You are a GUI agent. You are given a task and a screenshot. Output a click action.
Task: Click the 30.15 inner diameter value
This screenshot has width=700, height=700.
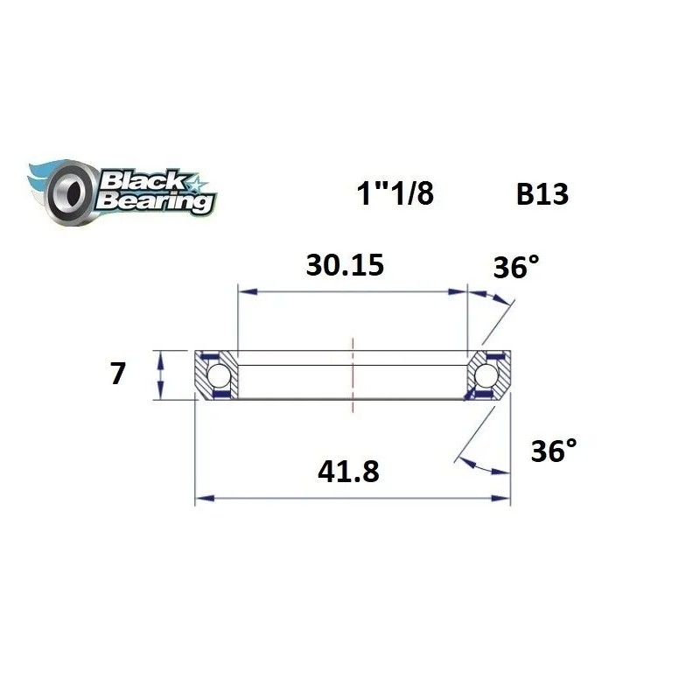[345, 264]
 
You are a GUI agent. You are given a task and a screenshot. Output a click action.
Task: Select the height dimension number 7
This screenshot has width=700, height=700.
[117, 374]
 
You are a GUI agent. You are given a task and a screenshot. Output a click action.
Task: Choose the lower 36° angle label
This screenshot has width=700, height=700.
[554, 452]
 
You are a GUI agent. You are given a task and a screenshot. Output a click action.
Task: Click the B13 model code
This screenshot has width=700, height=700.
[542, 194]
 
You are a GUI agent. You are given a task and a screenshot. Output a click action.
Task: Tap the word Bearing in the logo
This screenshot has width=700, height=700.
[156, 201]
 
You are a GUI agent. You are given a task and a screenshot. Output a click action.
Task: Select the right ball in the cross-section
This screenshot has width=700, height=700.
[486, 375]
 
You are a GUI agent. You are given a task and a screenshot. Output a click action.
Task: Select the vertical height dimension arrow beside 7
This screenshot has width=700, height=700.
[160, 374]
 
